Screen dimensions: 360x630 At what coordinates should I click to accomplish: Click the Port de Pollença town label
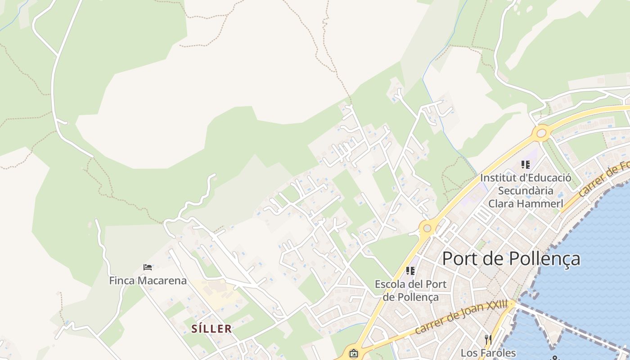[x=511, y=259]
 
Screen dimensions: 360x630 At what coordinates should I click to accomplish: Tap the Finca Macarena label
[x=148, y=281]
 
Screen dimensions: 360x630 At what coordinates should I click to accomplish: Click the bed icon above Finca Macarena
[x=148, y=267]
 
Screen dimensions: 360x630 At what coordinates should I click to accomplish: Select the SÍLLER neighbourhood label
[x=211, y=329]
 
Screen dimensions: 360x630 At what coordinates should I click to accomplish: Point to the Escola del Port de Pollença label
[x=410, y=291]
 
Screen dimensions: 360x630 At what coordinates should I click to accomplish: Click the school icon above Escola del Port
[x=410, y=271]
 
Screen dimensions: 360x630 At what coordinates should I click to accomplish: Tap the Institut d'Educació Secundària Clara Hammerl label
[x=526, y=190]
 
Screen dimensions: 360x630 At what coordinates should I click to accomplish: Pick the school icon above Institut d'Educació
[x=525, y=165]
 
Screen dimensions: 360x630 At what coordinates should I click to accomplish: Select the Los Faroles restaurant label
[x=488, y=353]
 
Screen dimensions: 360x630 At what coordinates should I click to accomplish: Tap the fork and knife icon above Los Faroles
[x=488, y=338]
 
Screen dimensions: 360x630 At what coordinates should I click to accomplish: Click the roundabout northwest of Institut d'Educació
[x=541, y=133]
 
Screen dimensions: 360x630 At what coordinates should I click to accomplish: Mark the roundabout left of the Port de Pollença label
[x=427, y=228]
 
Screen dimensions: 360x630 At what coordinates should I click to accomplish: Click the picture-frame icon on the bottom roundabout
[x=354, y=353]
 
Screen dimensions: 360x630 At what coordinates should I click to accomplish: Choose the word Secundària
[x=526, y=190]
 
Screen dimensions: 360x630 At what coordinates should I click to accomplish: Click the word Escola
[x=391, y=284]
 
